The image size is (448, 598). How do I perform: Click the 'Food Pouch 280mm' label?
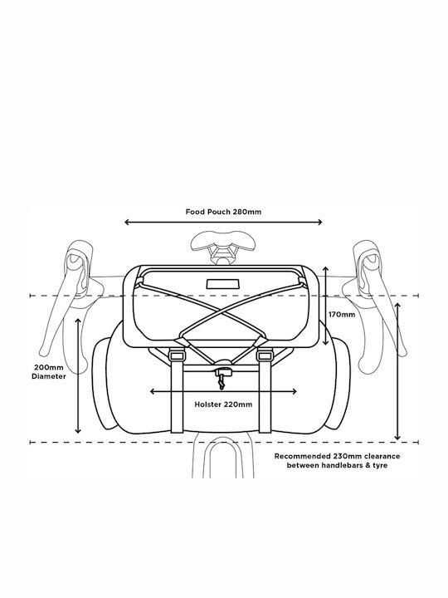[224, 212]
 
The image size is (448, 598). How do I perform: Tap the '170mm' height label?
[342, 314]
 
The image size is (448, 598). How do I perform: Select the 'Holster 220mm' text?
[223, 404]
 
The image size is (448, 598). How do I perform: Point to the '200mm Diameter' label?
[49, 372]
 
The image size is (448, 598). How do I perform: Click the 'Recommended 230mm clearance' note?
[337, 456]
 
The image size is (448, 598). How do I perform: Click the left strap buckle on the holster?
[176, 355]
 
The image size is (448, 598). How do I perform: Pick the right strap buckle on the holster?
[265, 355]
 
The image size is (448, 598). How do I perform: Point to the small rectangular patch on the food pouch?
[223, 284]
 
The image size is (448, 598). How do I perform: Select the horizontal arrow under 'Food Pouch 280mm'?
[224, 222]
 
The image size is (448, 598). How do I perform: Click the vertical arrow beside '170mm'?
[326, 306]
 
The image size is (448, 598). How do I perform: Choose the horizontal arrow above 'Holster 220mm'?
[224, 391]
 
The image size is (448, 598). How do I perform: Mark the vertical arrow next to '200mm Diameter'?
[78, 375]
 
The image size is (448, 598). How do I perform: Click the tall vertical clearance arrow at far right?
[397, 371]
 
